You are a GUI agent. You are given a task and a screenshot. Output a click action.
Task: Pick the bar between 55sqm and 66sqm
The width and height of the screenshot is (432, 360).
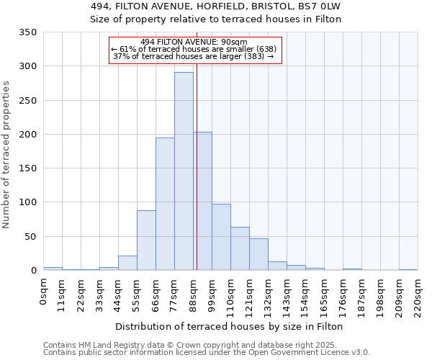pos(146,240)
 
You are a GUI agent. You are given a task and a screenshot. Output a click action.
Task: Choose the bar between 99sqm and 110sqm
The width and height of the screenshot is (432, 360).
pos(221,237)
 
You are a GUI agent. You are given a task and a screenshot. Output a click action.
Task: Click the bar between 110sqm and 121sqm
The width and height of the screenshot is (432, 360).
pos(240,248)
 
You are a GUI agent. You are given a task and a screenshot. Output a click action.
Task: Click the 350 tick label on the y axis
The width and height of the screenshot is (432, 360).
pos(28,32)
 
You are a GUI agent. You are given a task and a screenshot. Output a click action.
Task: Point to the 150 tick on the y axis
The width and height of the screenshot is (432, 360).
pos(28,168)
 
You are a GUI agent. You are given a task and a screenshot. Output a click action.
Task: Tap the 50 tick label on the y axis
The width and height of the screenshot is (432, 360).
pos(31,236)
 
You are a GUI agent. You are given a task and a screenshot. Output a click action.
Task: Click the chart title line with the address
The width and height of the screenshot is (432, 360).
pos(215,6)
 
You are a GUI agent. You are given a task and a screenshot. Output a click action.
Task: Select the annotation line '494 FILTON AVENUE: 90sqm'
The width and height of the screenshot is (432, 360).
pos(194,42)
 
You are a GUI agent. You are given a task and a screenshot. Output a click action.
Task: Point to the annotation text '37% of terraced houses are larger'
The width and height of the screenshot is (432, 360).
pos(194,56)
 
